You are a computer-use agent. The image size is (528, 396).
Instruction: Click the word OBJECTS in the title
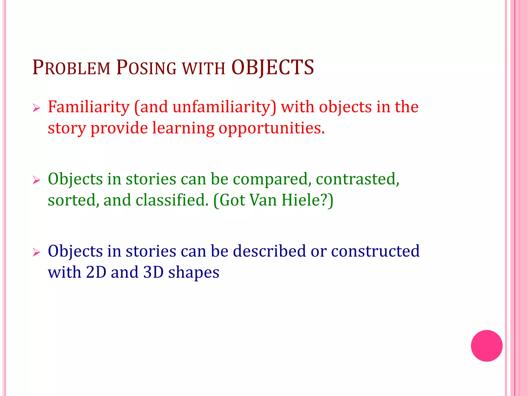[273, 68]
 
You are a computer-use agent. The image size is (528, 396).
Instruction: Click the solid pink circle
[486, 346]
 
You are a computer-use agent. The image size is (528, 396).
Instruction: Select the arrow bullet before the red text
[37, 108]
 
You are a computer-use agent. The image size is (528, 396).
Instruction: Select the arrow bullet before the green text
[37, 180]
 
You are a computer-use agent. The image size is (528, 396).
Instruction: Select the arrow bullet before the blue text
[37, 252]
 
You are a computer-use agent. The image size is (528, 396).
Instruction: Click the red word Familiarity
[89, 107]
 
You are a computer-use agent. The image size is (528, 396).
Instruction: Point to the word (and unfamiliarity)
[205, 107]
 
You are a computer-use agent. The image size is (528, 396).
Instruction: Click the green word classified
[172, 200]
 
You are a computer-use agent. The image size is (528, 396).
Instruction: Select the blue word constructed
[375, 251]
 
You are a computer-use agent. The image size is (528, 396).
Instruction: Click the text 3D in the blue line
[153, 272]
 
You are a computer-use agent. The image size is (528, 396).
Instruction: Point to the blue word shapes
[194, 273]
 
